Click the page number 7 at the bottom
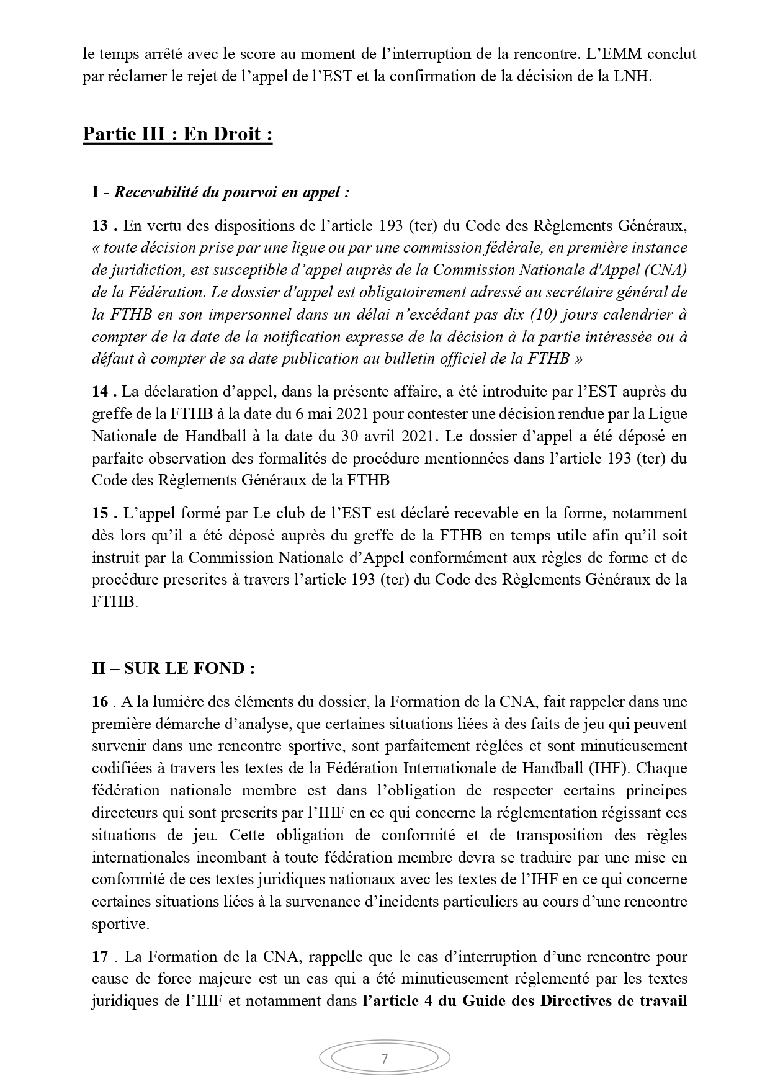(384, 1059)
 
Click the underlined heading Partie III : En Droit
(177, 135)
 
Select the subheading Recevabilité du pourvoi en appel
(231, 192)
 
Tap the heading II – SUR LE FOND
(173, 668)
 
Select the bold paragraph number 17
(101, 957)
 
